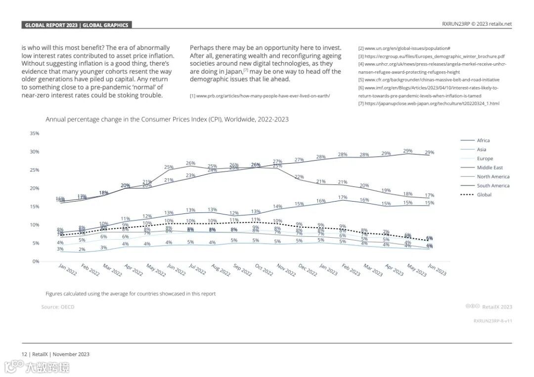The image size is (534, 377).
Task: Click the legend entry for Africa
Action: click(x=483, y=140)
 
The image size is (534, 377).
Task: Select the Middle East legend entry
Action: click(x=489, y=168)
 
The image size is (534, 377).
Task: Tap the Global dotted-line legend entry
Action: click(x=484, y=195)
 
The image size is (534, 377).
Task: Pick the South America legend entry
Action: click(x=492, y=186)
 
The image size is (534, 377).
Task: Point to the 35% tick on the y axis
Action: click(x=34, y=133)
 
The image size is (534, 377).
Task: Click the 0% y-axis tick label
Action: click(x=35, y=261)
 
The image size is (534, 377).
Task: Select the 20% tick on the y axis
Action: click(x=34, y=188)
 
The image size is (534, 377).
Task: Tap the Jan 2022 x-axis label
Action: click(x=68, y=270)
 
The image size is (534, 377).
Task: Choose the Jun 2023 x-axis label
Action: click(x=437, y=270)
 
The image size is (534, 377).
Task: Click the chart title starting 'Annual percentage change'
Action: click(x=167, y=120)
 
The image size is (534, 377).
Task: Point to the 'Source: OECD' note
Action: click(x=57, y=307)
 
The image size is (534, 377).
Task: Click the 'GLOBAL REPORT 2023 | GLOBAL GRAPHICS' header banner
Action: click(x=77, y=25)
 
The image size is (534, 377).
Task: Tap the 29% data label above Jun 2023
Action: click(x=429, y=152)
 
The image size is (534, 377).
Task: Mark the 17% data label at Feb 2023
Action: click(x=342, y=197)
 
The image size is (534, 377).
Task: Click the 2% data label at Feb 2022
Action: click(x=82, y=250)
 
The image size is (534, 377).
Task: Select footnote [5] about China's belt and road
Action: click(x=429, y=80)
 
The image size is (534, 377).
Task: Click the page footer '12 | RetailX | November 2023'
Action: click(x=55, y=354)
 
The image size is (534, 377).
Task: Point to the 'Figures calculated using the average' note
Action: click(x=131, y=293)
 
